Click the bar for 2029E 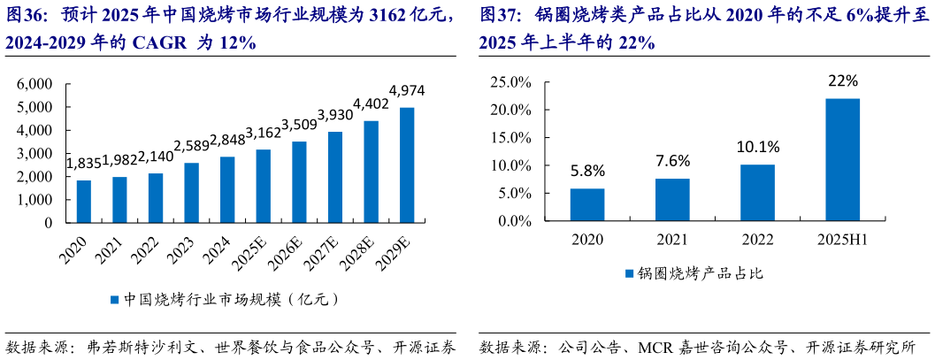407,165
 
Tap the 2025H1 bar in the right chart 842,159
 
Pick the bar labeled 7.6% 672,200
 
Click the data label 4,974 407,90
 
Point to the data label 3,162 263,134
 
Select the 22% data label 842,81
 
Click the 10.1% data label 757,147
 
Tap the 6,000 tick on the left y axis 35,84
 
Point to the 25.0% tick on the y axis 510,82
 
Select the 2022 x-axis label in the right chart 757,239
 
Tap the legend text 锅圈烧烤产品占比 700,273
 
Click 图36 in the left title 25,15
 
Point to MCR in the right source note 656,346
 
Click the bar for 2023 191,193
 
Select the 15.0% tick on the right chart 510,138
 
